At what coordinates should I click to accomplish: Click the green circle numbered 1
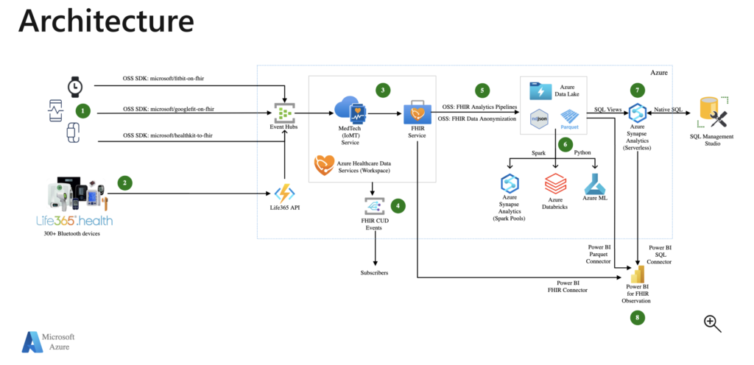84,111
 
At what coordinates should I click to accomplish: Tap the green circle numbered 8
638,317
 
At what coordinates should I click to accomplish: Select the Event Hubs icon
284,113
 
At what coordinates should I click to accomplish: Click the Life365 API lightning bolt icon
284,194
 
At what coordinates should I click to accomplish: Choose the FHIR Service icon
417,113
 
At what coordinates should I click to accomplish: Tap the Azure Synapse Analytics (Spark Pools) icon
510,183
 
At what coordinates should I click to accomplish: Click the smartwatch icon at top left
74,87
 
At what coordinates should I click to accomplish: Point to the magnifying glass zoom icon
712,323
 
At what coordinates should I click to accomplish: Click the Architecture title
106,22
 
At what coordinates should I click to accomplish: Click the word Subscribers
376,272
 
